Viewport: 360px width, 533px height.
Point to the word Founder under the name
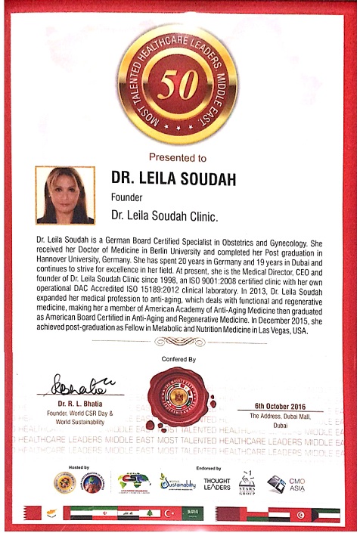[x=128, y=200]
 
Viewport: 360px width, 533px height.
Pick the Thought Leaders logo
[x=217, y=483]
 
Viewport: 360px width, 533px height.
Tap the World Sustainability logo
[x=178, y=482]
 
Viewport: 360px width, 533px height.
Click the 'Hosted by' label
[x=79, y=467]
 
